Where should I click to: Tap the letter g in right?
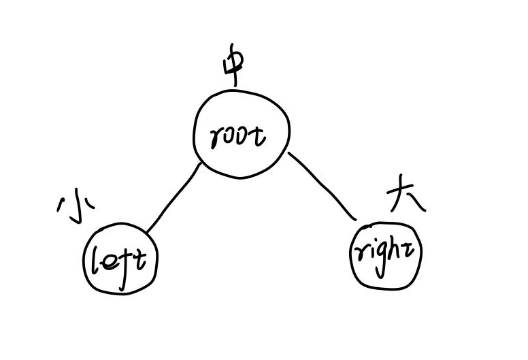click(x=380, y=259)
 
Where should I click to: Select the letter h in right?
click(x=396, y=253)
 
